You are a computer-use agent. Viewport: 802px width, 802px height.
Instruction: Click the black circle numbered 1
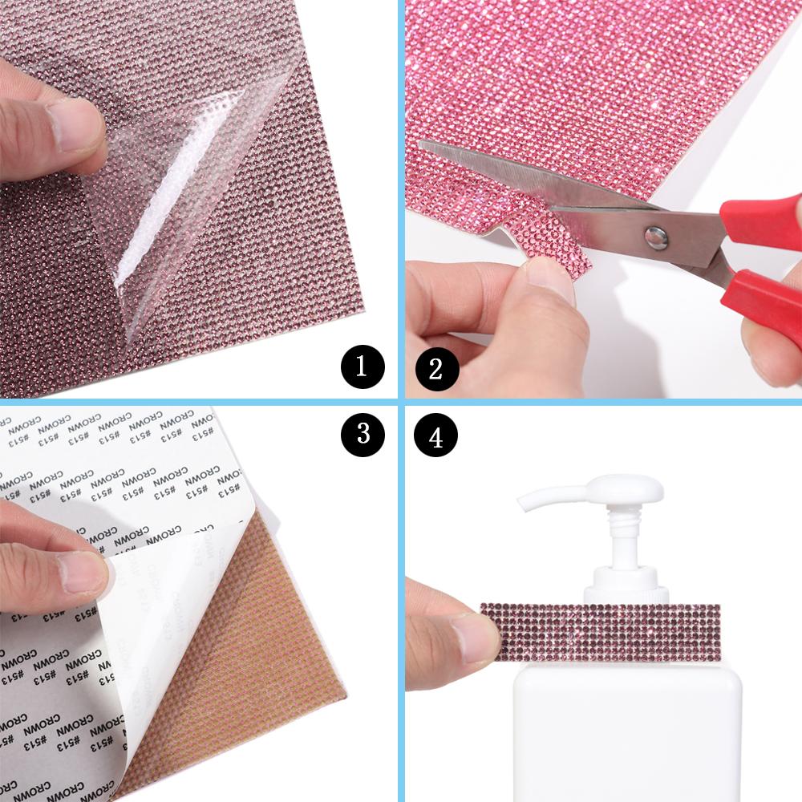tap(360, 367)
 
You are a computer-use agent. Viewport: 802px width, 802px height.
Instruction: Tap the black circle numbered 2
tap(436, 369)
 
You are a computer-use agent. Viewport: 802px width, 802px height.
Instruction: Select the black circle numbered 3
tap(363, 433)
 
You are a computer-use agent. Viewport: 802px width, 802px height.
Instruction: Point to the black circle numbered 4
tap(436, 436)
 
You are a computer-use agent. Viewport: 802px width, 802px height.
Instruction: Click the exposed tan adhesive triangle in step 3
tap(241, 642)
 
